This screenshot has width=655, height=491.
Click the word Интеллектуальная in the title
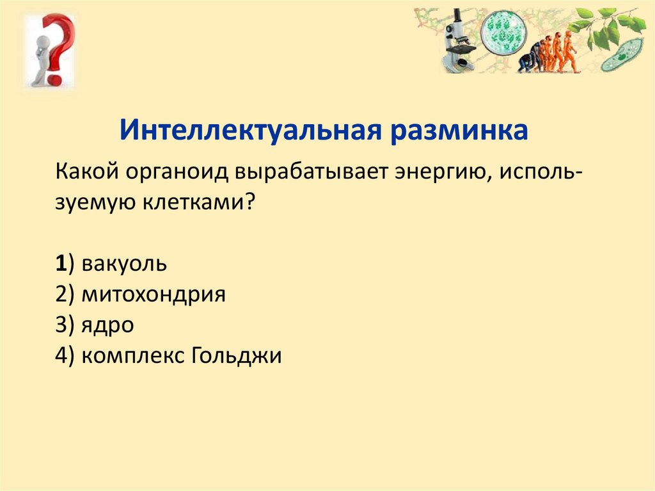point(250,130)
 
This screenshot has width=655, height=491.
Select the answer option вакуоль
point(124,264)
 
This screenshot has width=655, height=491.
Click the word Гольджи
point(237,356)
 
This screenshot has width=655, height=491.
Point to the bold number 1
point(61,264)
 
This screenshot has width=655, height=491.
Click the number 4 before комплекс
point(61,356)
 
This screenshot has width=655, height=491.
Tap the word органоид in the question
point(177,172)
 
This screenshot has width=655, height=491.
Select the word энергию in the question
point(443,173)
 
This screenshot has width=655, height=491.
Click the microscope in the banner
point(459,41)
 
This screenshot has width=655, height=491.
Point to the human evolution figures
point(548,52)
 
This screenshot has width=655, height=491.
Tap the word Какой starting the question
point(87,172)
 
